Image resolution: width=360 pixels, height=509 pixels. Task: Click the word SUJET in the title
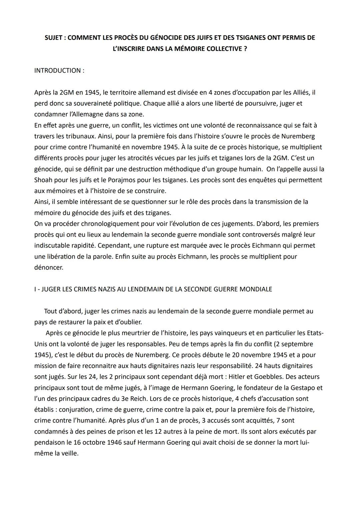click(54, 38)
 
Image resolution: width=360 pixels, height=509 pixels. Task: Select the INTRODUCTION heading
click(57, 71)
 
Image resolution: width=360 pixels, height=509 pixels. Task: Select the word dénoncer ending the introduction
click(48, 267)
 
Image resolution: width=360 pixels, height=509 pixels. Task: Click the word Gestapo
click(304, 388)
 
